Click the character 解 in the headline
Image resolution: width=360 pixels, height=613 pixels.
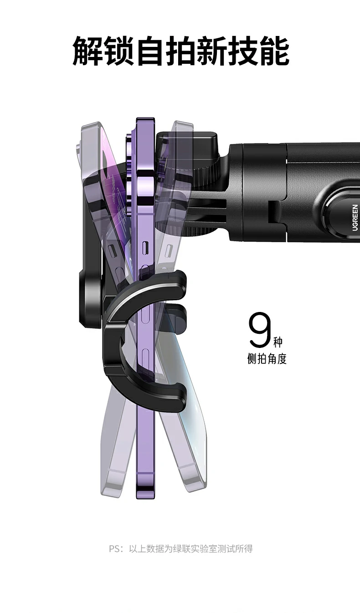pos(87,51)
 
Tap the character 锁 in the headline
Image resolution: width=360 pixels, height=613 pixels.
pos(118,51)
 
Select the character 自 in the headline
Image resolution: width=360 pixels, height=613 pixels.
pos(150,51)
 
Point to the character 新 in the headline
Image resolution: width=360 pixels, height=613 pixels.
pos(212,51)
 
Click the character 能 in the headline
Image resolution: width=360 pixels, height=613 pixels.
pos(274,51)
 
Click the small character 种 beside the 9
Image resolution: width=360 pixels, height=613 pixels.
pos(278,342)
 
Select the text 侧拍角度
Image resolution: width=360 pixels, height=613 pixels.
pos(267,359)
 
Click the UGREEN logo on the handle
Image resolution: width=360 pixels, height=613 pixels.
pos(355,218)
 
